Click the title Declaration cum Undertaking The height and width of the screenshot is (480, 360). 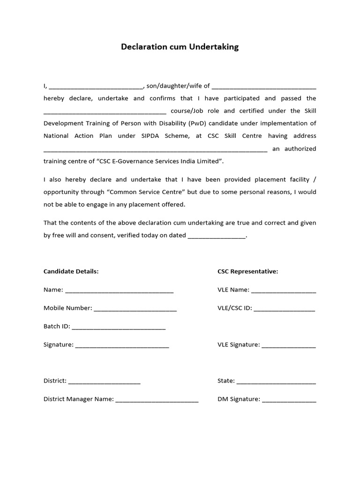180,47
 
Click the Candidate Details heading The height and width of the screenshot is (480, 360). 71,271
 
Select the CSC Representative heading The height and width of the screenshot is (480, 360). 247,271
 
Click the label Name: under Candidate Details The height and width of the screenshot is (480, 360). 53,290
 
